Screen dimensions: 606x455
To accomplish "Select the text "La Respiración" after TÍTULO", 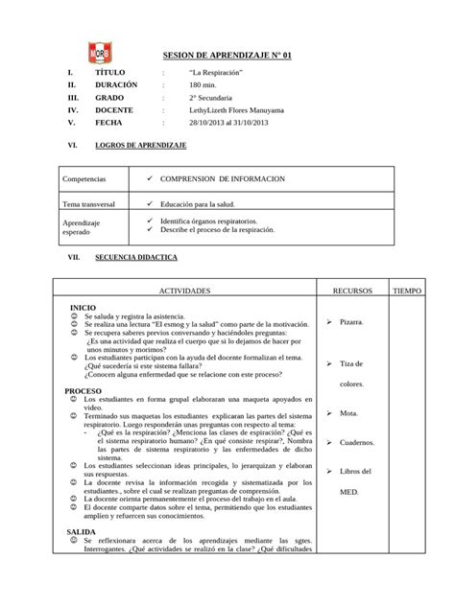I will click(x=215, y=73).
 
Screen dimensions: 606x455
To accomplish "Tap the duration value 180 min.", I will click(x=205, y=85).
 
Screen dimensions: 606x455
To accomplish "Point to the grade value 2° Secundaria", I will click(x=213, y=98).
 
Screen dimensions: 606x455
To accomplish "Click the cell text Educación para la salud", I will click(x=207, y=205).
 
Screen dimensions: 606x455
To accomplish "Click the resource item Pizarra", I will click(x=351, y=322).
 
